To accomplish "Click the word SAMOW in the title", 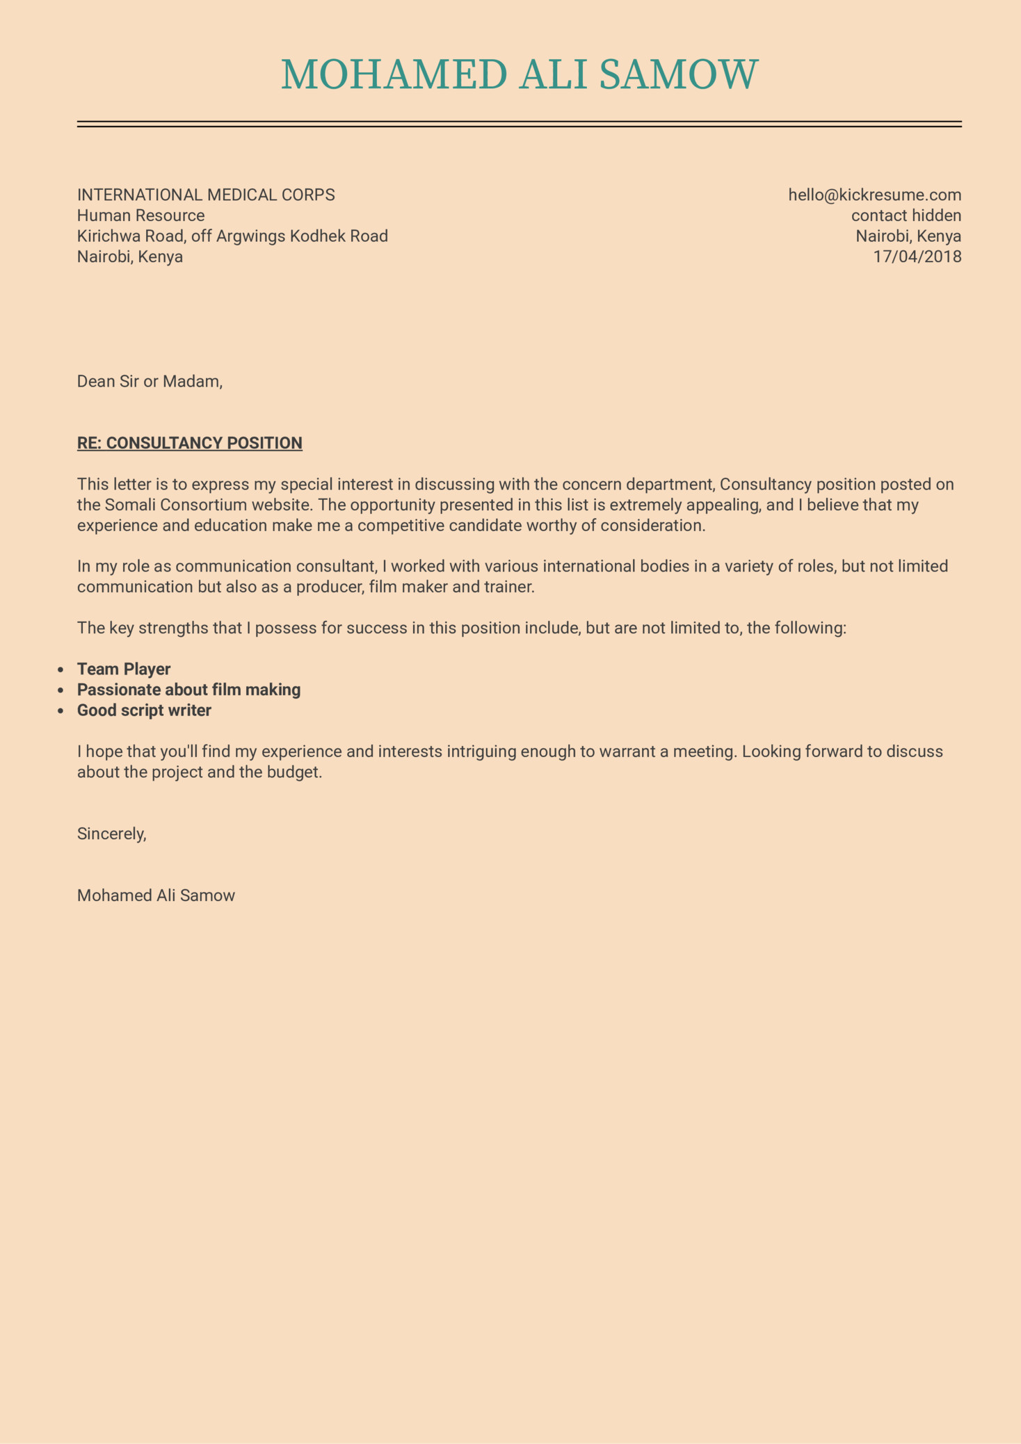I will (678, 74).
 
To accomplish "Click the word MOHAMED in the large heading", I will (394, 74).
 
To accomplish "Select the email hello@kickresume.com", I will (874, 195).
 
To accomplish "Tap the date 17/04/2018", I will (917, 257).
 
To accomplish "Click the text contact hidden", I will (906, 216).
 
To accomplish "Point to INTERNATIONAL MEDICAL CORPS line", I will (206, 195).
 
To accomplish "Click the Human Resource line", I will (140, 216).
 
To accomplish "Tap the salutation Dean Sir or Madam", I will (150, 381).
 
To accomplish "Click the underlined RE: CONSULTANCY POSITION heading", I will (189, 443).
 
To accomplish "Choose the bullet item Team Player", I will (124, 669).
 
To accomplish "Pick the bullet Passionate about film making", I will (188, 690).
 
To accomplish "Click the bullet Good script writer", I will (144, 711).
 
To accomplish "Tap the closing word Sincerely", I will (111, 834).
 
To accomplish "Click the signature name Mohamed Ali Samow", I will (156, 895).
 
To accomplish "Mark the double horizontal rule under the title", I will (519, 124).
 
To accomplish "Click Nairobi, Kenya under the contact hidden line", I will (908, 236).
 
